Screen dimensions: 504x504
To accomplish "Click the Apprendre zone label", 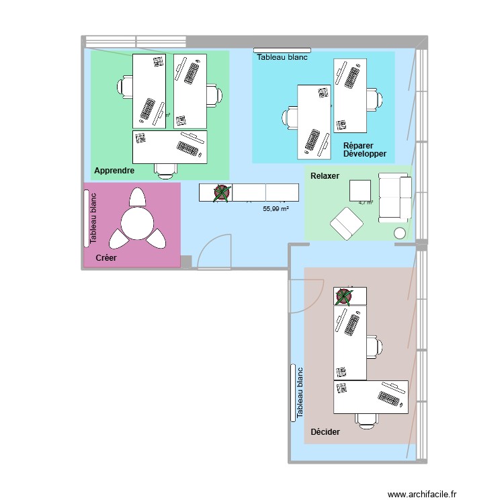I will pos(114,171).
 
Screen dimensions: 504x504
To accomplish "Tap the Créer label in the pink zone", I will pos(109,258).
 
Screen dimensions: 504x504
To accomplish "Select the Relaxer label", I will pos(325,176).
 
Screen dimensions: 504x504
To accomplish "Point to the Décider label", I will pos(325,431).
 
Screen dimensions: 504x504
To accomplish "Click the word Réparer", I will pos(358,145).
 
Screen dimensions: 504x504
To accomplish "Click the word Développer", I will pos(364,154).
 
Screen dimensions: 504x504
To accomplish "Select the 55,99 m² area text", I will pos(276,209).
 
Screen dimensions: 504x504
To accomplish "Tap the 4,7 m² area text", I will pos(366,202).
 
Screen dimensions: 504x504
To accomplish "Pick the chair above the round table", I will pos(137,197).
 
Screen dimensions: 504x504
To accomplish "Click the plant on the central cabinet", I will pos(222,193).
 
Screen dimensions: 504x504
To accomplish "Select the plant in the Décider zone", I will pos(344,296).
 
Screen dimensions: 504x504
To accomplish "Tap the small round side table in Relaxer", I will pos(399,233).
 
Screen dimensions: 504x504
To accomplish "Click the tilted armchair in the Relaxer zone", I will pos(346,223).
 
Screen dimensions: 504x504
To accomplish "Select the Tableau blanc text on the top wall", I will pos(282,58).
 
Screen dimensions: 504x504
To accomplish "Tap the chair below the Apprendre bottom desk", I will pos(166,171).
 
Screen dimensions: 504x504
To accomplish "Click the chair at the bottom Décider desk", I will pos(366,420).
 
